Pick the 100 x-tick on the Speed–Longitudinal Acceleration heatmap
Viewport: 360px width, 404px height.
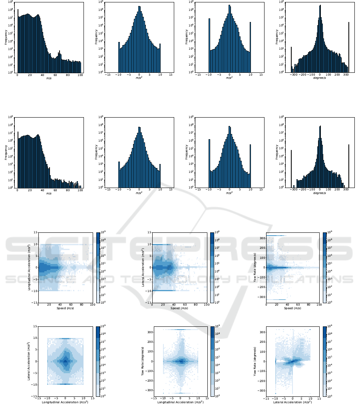92,306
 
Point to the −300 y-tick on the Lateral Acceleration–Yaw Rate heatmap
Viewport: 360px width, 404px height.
261,390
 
